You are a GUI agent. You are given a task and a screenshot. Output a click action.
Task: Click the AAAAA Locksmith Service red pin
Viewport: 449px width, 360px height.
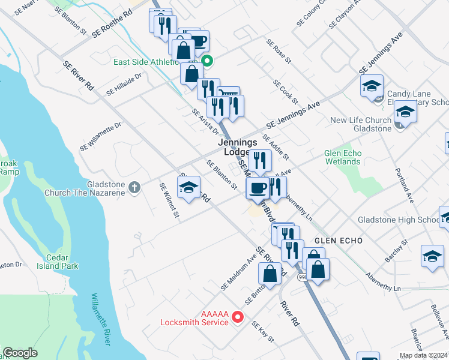238,316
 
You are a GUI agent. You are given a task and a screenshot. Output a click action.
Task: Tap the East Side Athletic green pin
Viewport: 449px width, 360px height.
208,61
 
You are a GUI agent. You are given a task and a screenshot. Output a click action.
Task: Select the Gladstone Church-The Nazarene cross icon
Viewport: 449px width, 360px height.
134,188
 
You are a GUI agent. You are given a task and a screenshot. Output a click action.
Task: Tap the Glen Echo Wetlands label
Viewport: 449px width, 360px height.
343,157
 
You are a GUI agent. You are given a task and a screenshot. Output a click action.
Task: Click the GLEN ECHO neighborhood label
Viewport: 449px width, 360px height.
339,240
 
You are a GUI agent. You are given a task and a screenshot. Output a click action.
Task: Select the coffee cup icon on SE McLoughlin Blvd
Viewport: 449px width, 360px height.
258,187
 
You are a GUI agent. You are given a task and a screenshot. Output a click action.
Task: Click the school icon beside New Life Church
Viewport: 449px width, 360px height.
405,112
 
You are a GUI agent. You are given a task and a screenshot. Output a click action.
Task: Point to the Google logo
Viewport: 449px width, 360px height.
20,353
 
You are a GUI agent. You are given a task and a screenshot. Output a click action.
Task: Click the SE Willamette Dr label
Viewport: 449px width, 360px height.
100,137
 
